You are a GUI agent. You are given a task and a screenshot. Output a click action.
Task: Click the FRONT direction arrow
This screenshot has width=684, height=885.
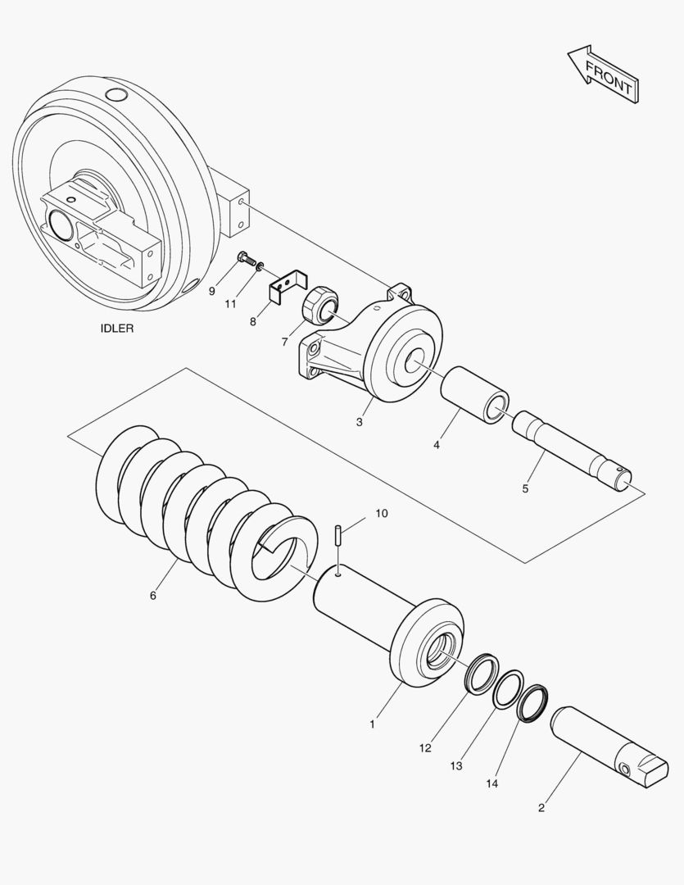[x=602, y=74]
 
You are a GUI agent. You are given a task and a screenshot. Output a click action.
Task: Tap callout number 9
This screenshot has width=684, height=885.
[x=211, y=291]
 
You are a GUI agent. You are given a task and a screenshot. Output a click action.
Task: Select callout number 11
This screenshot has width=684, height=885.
[x=232, y=303]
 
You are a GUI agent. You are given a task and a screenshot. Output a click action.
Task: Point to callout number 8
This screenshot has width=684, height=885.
[x=253, y=322]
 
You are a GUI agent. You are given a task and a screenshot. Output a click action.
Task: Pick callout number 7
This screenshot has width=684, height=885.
[x=285, y=341]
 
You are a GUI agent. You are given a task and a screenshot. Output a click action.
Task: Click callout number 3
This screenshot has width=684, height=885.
[x=359, y=423]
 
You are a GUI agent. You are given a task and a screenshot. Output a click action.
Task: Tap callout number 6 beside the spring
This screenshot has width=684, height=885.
[x=152, y=595]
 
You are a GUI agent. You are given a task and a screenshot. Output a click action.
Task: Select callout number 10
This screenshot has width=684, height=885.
[x=382, y=513]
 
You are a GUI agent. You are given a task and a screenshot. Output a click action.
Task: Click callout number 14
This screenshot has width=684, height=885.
[x=491, y=783]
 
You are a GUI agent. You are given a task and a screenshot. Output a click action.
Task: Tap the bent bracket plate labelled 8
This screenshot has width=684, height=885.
[x=287, y=285]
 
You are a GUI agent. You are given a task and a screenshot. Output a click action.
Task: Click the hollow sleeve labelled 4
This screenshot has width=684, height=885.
[x=474, y=394]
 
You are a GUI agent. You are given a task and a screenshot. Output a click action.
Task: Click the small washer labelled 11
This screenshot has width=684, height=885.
[x=260, y=266]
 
